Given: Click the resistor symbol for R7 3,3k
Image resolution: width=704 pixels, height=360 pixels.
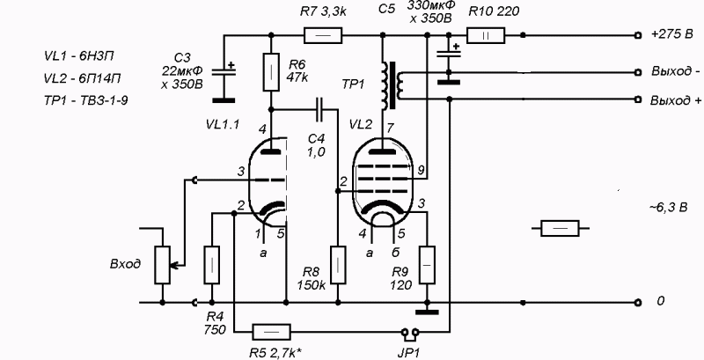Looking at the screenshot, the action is coord(323,35).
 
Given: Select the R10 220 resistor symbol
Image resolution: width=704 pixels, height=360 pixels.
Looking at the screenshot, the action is coord(486,35).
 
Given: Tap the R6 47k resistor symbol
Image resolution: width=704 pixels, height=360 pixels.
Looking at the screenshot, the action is coord(271,72).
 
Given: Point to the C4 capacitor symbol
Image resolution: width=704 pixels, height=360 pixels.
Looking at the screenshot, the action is coord(319,109).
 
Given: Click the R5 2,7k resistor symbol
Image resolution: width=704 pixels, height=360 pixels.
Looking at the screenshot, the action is coord(271,332).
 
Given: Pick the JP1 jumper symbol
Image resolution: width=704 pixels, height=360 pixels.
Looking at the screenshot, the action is coord(410,333).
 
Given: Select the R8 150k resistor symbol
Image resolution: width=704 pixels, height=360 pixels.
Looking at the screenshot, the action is coord(338,265).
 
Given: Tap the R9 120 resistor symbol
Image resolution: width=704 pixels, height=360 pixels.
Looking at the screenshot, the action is coord(427,265).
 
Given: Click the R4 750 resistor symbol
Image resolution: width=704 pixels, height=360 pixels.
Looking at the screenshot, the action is coord(212,265).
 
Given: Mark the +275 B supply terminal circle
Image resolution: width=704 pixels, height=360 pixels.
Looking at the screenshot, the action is coord(638,35).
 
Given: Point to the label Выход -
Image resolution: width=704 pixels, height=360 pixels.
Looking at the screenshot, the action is coord(675,72).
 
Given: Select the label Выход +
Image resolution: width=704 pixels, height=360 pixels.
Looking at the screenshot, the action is coord(676,100).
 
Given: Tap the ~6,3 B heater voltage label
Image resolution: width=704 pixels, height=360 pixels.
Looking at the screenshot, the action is coord(666,208).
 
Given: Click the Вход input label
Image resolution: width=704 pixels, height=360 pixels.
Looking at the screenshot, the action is coord(125,264).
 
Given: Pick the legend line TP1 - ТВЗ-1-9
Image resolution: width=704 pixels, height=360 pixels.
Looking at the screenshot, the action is coord(85,100).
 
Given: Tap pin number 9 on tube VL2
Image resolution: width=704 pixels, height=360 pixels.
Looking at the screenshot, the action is coord(421,170).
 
